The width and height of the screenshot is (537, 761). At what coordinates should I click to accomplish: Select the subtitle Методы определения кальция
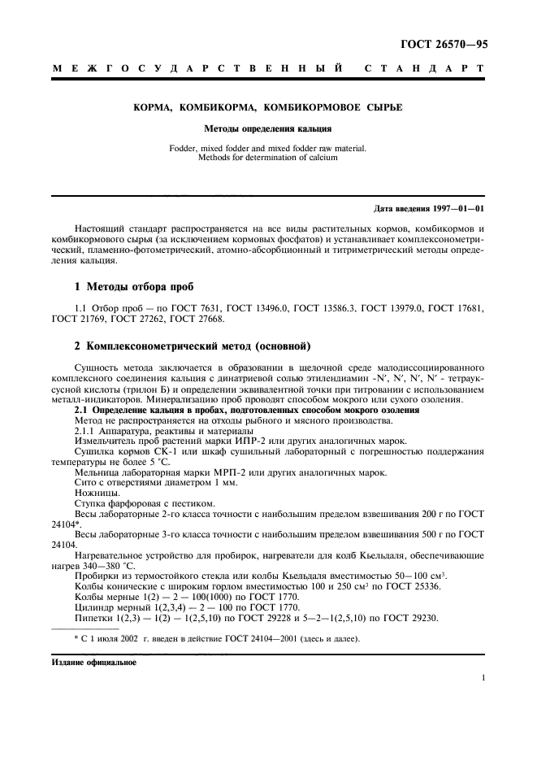click(x=268, y=128)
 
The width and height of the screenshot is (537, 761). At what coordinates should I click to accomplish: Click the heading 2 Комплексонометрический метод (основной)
click(x=193, y=346)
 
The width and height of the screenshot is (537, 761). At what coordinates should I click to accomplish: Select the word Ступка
click(x=92, y=505)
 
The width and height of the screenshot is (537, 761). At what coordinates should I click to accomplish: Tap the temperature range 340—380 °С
click(x=110, y=566)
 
